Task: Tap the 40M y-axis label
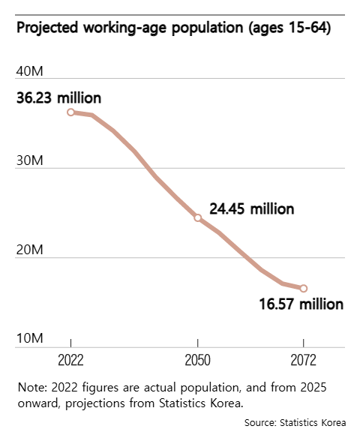31,71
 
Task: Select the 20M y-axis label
31,250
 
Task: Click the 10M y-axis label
31,339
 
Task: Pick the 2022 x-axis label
70,358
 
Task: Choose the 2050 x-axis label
197,358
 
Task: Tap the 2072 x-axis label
303,358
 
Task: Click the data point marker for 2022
70,112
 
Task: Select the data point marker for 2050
197,217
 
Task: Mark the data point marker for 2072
304,288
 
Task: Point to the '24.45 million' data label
251,208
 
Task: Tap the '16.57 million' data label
301,304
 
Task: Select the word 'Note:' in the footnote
32,387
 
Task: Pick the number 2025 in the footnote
312,387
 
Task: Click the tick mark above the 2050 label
197,343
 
